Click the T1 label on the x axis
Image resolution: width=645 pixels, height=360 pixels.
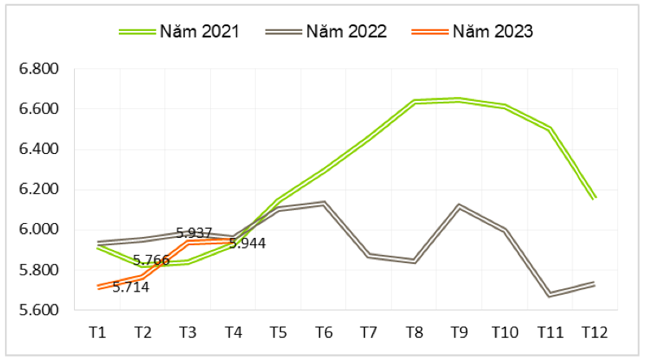click(98, 332)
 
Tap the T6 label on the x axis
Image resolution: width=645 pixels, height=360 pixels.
click(323, 332)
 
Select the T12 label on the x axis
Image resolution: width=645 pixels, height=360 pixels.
click(595, 332)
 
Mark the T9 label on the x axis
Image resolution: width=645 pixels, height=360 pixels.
click(459, 332)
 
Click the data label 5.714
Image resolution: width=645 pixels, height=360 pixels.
click(130, 288)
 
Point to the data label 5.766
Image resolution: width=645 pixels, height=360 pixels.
click(151, 261)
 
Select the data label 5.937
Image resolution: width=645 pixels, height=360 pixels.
click(195, 233)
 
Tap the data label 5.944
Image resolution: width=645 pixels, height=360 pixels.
click(247, 243)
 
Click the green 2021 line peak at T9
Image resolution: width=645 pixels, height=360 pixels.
click(459, 99)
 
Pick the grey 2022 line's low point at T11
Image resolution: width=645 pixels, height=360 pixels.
click(550, 293)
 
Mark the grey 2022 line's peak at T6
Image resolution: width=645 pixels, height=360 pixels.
click(323, 203)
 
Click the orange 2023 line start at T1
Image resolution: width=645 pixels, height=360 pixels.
click(98, 287)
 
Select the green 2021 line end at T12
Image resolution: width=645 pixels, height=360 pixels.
click(595, 198)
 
